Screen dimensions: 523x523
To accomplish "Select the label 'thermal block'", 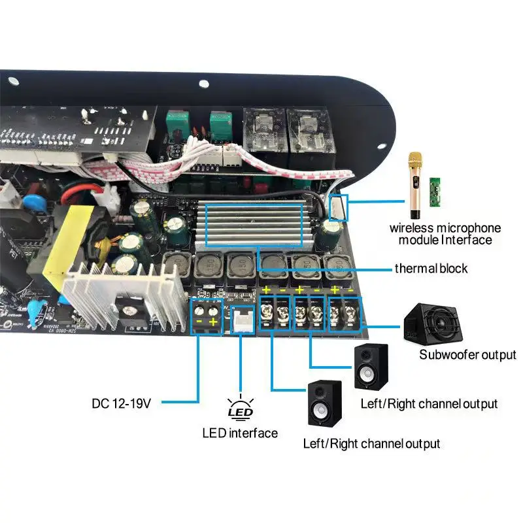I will click(x=431, y=268).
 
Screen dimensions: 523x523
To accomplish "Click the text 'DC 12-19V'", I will click(x=122, y=403).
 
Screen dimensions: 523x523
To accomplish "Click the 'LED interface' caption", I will click(x=239, y=433).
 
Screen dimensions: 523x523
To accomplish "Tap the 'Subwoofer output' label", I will click(x=467, y=355).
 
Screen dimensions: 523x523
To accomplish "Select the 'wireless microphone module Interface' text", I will click(x=445, y=234).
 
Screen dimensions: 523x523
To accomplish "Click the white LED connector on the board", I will click(x=242, y=319).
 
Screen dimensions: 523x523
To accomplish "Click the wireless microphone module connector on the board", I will click(x=338, y=207).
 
